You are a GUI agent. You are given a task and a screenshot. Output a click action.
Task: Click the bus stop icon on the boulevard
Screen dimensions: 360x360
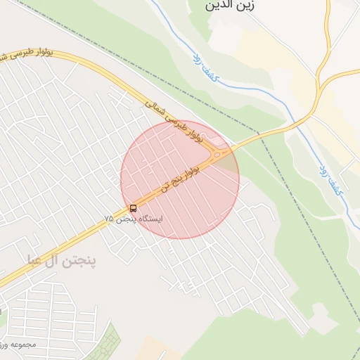(134, 208)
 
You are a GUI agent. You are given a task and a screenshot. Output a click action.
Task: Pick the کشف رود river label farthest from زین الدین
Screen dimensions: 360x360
(330, 179)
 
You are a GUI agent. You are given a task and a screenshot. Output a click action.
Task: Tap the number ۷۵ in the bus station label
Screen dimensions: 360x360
(108, 219)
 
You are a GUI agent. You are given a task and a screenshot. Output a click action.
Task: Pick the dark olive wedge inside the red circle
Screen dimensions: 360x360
(227, 161)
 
